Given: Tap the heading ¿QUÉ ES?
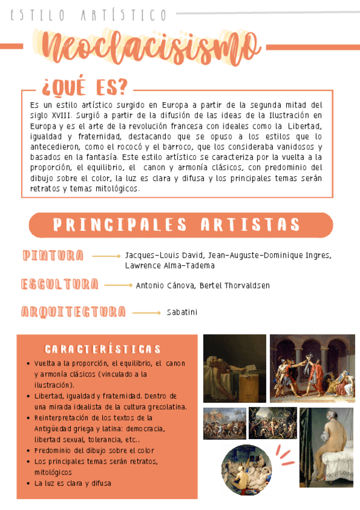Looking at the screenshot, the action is pos(84,87).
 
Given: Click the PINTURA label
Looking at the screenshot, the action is pos(53,256).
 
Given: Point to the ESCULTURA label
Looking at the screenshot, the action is pos(59,284).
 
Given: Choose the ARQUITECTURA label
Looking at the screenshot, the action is pos(73,312).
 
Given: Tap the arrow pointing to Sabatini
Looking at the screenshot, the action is pos(146,313).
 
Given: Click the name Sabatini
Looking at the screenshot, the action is pos(182,312).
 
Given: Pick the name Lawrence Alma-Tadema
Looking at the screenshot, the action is pos(169,265).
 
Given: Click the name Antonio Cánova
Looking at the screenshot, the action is pos(165,285).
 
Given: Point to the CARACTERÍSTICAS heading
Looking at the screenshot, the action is pos(103,349).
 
